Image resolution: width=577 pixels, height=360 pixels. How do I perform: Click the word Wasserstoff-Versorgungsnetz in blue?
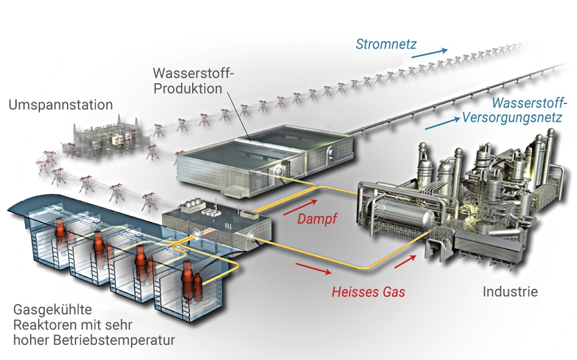512,111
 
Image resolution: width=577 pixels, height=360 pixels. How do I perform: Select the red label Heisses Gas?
368,292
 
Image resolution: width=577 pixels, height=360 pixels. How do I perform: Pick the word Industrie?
510,292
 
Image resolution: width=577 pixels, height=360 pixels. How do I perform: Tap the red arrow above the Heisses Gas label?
314,268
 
